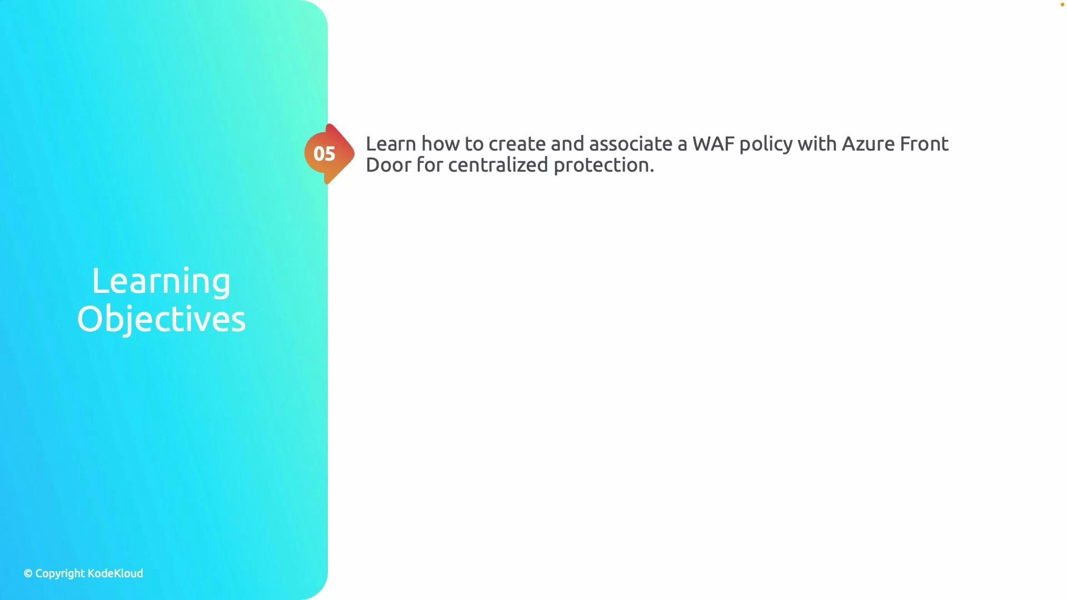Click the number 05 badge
(x=325, y=154)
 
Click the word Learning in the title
(x=161, y=281)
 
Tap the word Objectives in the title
(x=161, y=319)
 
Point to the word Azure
(x=868, y=144)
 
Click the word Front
(x=924, y=144)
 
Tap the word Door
(x=388, y=165)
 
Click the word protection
(x=604, y=166)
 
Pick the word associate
(x=630, y=144)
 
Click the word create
(x=517, y=144)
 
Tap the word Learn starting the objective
(x=391, y=144)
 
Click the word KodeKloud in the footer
(x=116, y=573)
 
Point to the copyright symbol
(x=28, y=573)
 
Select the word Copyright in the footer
(x=60, y=574)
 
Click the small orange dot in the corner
(x=1062, y=4)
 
